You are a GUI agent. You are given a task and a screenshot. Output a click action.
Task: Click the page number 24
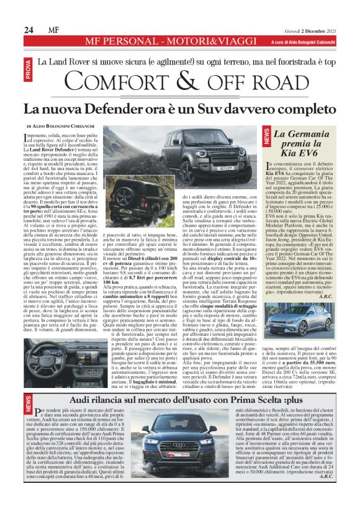pos(29,29)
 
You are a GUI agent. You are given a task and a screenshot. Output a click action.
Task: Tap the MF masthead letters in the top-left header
pos(54,29)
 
